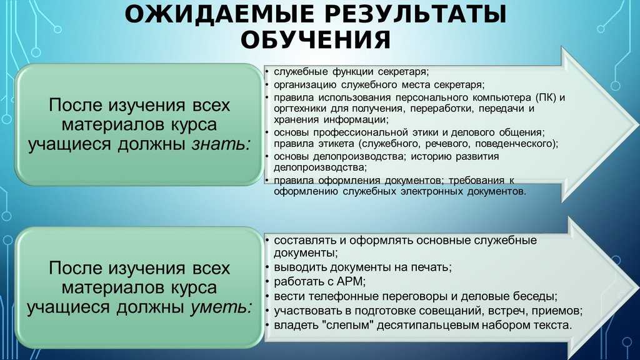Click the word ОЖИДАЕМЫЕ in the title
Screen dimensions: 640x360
coord(219,14)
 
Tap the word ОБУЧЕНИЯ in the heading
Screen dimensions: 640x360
coord(316,39)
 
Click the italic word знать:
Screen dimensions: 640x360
coord(221,144)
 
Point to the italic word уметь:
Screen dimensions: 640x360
coord(221,307)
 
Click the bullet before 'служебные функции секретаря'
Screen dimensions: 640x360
coord(266,72)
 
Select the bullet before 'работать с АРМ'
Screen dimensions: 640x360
coord(266,282)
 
